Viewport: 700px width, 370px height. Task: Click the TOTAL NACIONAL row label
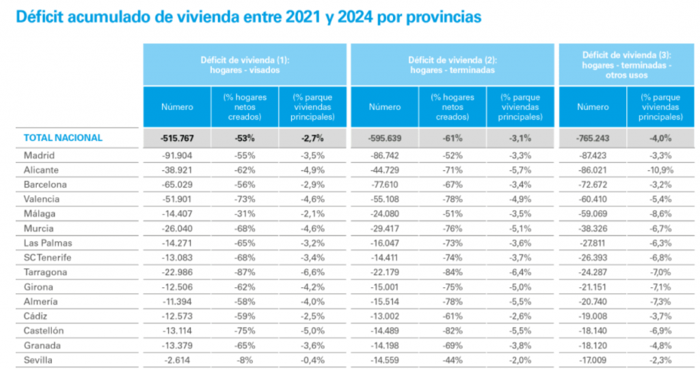(63, 137)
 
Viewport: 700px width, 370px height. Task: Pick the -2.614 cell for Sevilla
(179, 360)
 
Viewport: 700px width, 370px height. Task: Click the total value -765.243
(592, 137)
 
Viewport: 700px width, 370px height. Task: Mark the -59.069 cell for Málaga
(592, 213)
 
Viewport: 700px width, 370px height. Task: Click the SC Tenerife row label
(47, 257)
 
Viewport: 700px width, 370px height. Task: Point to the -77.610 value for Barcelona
(384, 185)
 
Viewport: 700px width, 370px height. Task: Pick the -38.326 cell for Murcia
(592, 228)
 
